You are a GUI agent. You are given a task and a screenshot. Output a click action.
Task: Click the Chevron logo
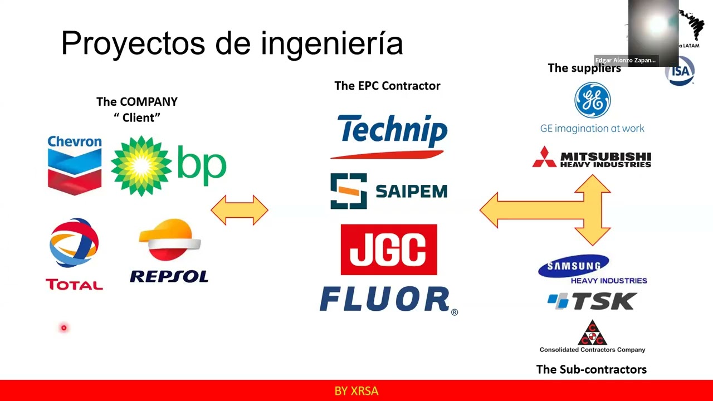(75, 165)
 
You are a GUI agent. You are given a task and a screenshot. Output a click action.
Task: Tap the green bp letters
(202, 164)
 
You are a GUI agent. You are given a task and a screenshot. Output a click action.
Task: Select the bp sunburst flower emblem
(141, 165)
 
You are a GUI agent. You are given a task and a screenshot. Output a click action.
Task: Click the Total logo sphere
(74, 243)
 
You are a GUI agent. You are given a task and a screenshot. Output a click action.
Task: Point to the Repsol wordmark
(169, 276)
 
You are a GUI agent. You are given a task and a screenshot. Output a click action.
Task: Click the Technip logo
(392, 132)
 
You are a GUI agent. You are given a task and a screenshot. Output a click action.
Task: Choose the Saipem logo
(388, 191)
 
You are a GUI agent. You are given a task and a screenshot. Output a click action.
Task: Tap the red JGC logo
(388, 250)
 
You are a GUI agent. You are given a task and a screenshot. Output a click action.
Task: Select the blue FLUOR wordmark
(385, 300)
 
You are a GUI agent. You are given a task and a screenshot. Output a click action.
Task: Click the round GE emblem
(592, 101)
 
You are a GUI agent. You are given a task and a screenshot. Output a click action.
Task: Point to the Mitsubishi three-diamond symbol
(544, 158)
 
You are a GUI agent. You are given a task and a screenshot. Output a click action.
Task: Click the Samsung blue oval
(573, 267)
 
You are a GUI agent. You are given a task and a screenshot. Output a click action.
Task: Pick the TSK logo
(592, 301)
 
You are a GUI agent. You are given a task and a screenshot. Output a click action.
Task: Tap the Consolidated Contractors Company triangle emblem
(592, 332)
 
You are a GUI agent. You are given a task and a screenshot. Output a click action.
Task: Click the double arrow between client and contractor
(240, 210)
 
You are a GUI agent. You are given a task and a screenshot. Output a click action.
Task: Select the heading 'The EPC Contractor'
(387, 86)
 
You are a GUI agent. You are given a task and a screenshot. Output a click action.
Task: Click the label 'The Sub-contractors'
(591, 369)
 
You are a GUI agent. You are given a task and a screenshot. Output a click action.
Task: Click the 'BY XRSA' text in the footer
(356, 391)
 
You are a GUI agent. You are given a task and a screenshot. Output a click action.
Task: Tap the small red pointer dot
(64, 328)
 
